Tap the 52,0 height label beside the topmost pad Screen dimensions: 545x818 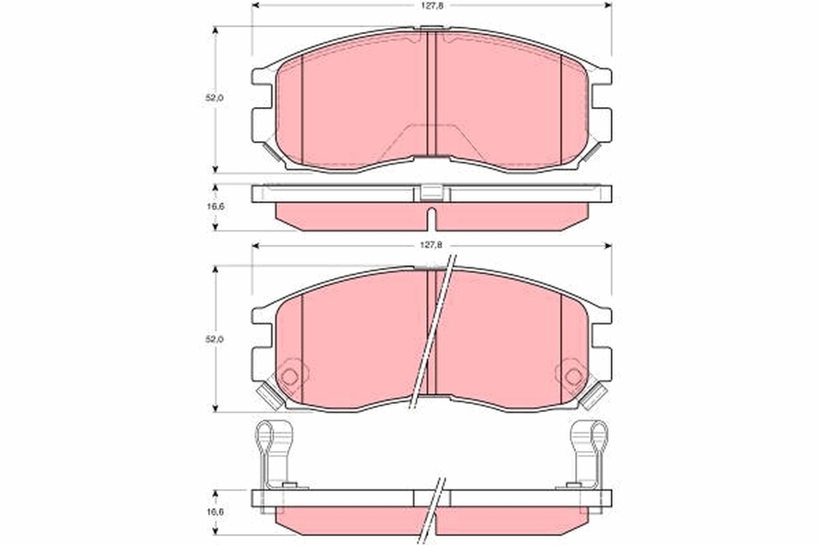[215, 98]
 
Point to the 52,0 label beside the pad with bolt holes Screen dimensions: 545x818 [215, 339]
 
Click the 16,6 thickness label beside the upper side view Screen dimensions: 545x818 [215, 206]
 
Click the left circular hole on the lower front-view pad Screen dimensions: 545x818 [290, 376]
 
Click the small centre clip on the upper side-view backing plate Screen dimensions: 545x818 [431, 193]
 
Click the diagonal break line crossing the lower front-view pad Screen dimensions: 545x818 [431, 334]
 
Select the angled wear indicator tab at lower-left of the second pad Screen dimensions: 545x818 [270, 397]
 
